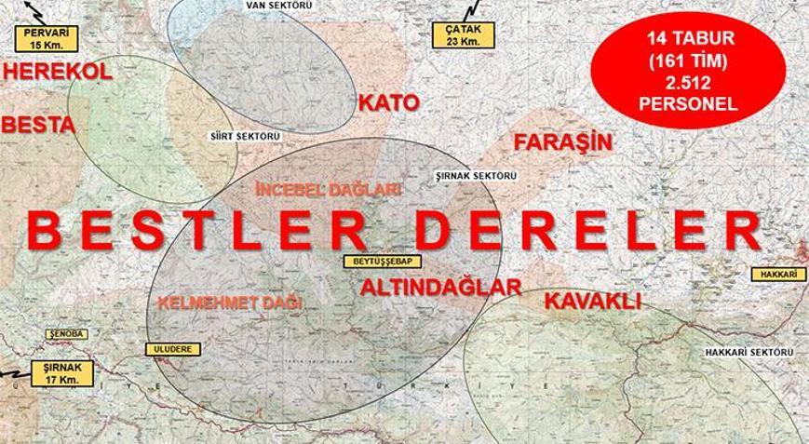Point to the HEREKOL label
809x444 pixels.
point(57,73)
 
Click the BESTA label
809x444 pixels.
point(38,124)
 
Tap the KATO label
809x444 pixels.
point(388,102)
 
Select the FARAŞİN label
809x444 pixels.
point(562,142)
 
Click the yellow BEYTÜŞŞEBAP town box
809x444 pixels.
point(375,262)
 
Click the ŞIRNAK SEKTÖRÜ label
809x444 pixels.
point(476,175)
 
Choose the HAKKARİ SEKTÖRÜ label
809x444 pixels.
point(748,353)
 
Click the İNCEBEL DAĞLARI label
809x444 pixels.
point(313,189)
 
